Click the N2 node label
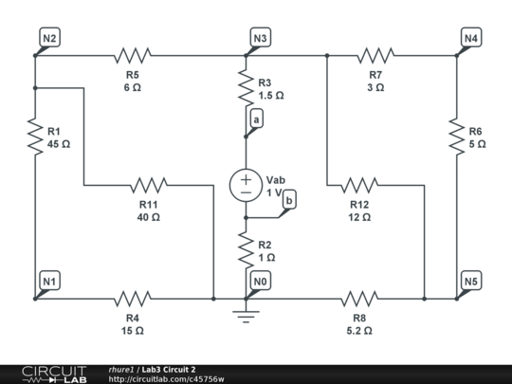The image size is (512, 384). [50, 38]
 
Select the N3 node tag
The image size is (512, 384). [260, 38]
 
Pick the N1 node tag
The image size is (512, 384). [50, 282]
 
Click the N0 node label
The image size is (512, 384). [260, 282]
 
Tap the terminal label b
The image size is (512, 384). [289, 198]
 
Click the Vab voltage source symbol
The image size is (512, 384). [246, 183]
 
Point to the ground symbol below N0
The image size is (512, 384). [246, 313]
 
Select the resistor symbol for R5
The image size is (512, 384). [132, 55]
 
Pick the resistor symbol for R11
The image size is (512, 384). [149, 184]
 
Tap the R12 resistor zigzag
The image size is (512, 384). [359, 184]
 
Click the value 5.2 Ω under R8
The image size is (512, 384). [359, 331]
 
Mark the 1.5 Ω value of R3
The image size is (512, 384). [270, 96]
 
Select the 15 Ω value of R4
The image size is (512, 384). [132, 331]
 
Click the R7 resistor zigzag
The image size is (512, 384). [375, 55]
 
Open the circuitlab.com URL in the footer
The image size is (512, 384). [166, 378]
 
